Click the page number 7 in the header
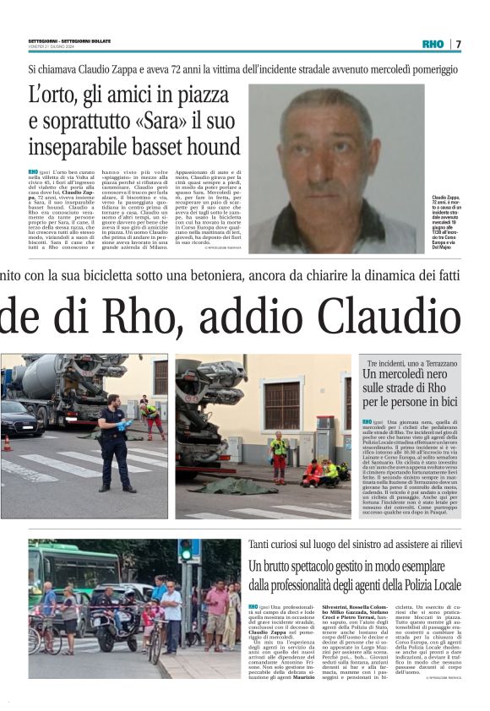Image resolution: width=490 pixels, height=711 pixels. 458,44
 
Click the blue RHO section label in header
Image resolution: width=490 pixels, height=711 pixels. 433,44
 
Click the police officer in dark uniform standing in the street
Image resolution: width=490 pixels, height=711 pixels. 113,439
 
